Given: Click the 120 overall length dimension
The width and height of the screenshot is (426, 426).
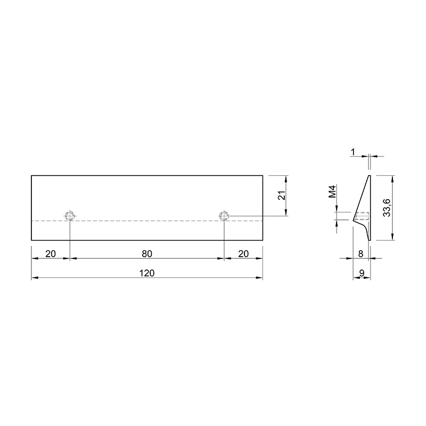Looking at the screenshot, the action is [147, 273].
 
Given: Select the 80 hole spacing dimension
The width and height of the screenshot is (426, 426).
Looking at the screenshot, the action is [147, 254].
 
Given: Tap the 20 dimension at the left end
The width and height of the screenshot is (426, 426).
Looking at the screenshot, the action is [51, 254].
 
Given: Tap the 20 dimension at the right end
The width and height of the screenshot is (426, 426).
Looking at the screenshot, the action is [243, 254].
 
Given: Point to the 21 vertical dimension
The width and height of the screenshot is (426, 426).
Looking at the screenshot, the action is [282, 195].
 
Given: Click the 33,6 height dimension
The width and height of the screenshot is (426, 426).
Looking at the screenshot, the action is [387, 208].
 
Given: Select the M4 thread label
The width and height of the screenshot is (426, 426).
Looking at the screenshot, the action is [332, 191].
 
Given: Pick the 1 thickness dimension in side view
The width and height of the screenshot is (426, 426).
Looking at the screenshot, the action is [353, 152].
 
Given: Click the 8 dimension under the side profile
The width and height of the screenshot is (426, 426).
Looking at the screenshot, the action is [361, 254].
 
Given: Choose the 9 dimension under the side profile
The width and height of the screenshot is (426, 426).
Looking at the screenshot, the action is [362, 273].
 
